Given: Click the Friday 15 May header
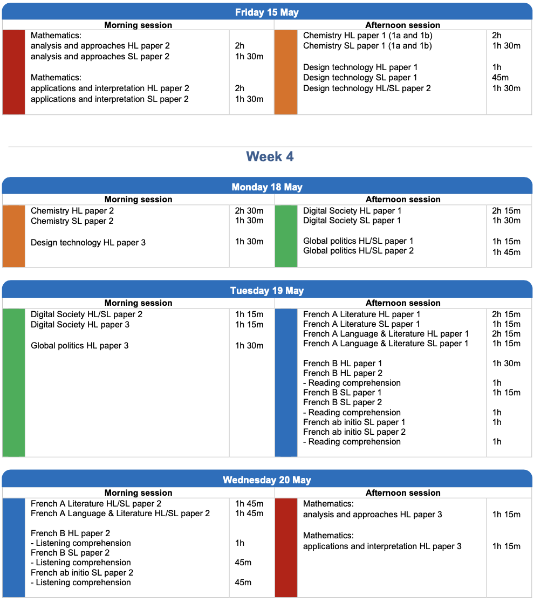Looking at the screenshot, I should (x=267, y=12).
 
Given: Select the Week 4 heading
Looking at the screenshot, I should (x=270, y=156).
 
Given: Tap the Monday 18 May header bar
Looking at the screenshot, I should (x=267, y=187).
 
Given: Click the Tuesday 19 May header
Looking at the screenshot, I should (x=267, y=290).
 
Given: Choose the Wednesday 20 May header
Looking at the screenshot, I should (x=267, y=480).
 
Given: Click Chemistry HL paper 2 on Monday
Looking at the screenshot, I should (x=72, y=211).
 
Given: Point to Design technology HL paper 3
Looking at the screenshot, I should (x=88, y=242).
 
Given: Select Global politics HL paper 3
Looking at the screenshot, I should (x=79, y=345).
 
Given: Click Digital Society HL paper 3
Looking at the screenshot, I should (x=80, y=324).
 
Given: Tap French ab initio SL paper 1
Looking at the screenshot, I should (x=354, y=422).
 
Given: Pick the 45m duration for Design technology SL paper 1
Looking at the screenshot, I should (x=500, y=78).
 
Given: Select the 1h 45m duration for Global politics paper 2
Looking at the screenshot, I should (x=506, y=252).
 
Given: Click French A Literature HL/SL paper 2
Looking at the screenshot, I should (x=96, y=504).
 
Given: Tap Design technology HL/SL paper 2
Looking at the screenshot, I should (x=367, y=88).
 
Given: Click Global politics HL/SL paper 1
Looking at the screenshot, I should (x=358, y=241).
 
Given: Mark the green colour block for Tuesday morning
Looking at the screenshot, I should (x=14, y=382).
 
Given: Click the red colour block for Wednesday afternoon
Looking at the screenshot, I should (x=286, y=548).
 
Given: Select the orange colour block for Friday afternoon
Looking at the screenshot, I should (x=286, y=72).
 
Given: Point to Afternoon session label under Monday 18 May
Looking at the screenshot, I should (x=403, y=199).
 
